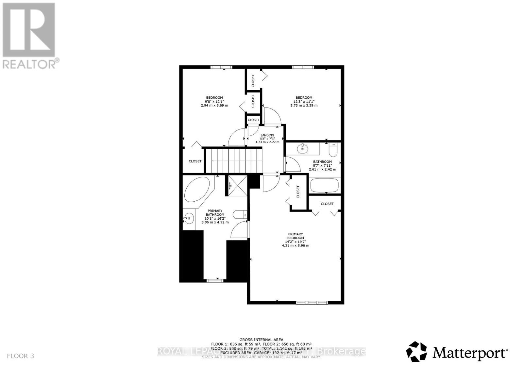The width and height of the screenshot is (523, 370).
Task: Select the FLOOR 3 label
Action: point(20,356)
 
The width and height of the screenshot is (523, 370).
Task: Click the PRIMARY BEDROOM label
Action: point(295,236)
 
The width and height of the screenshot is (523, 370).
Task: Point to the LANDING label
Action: point(267,135)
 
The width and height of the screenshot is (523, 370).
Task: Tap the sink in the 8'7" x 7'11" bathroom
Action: point(303,149)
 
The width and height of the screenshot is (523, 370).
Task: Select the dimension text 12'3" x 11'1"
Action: point(304,101)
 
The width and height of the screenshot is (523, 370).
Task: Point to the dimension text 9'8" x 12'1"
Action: point(214,101)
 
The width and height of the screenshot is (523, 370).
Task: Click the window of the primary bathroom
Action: point(215,280)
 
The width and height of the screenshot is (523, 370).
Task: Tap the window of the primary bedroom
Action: point(312,302)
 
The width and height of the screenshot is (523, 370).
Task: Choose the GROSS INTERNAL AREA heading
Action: point(261,340)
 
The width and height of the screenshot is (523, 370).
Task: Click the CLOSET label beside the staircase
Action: point(195,161)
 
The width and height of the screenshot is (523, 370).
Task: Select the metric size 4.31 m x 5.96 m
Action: point(295,245)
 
